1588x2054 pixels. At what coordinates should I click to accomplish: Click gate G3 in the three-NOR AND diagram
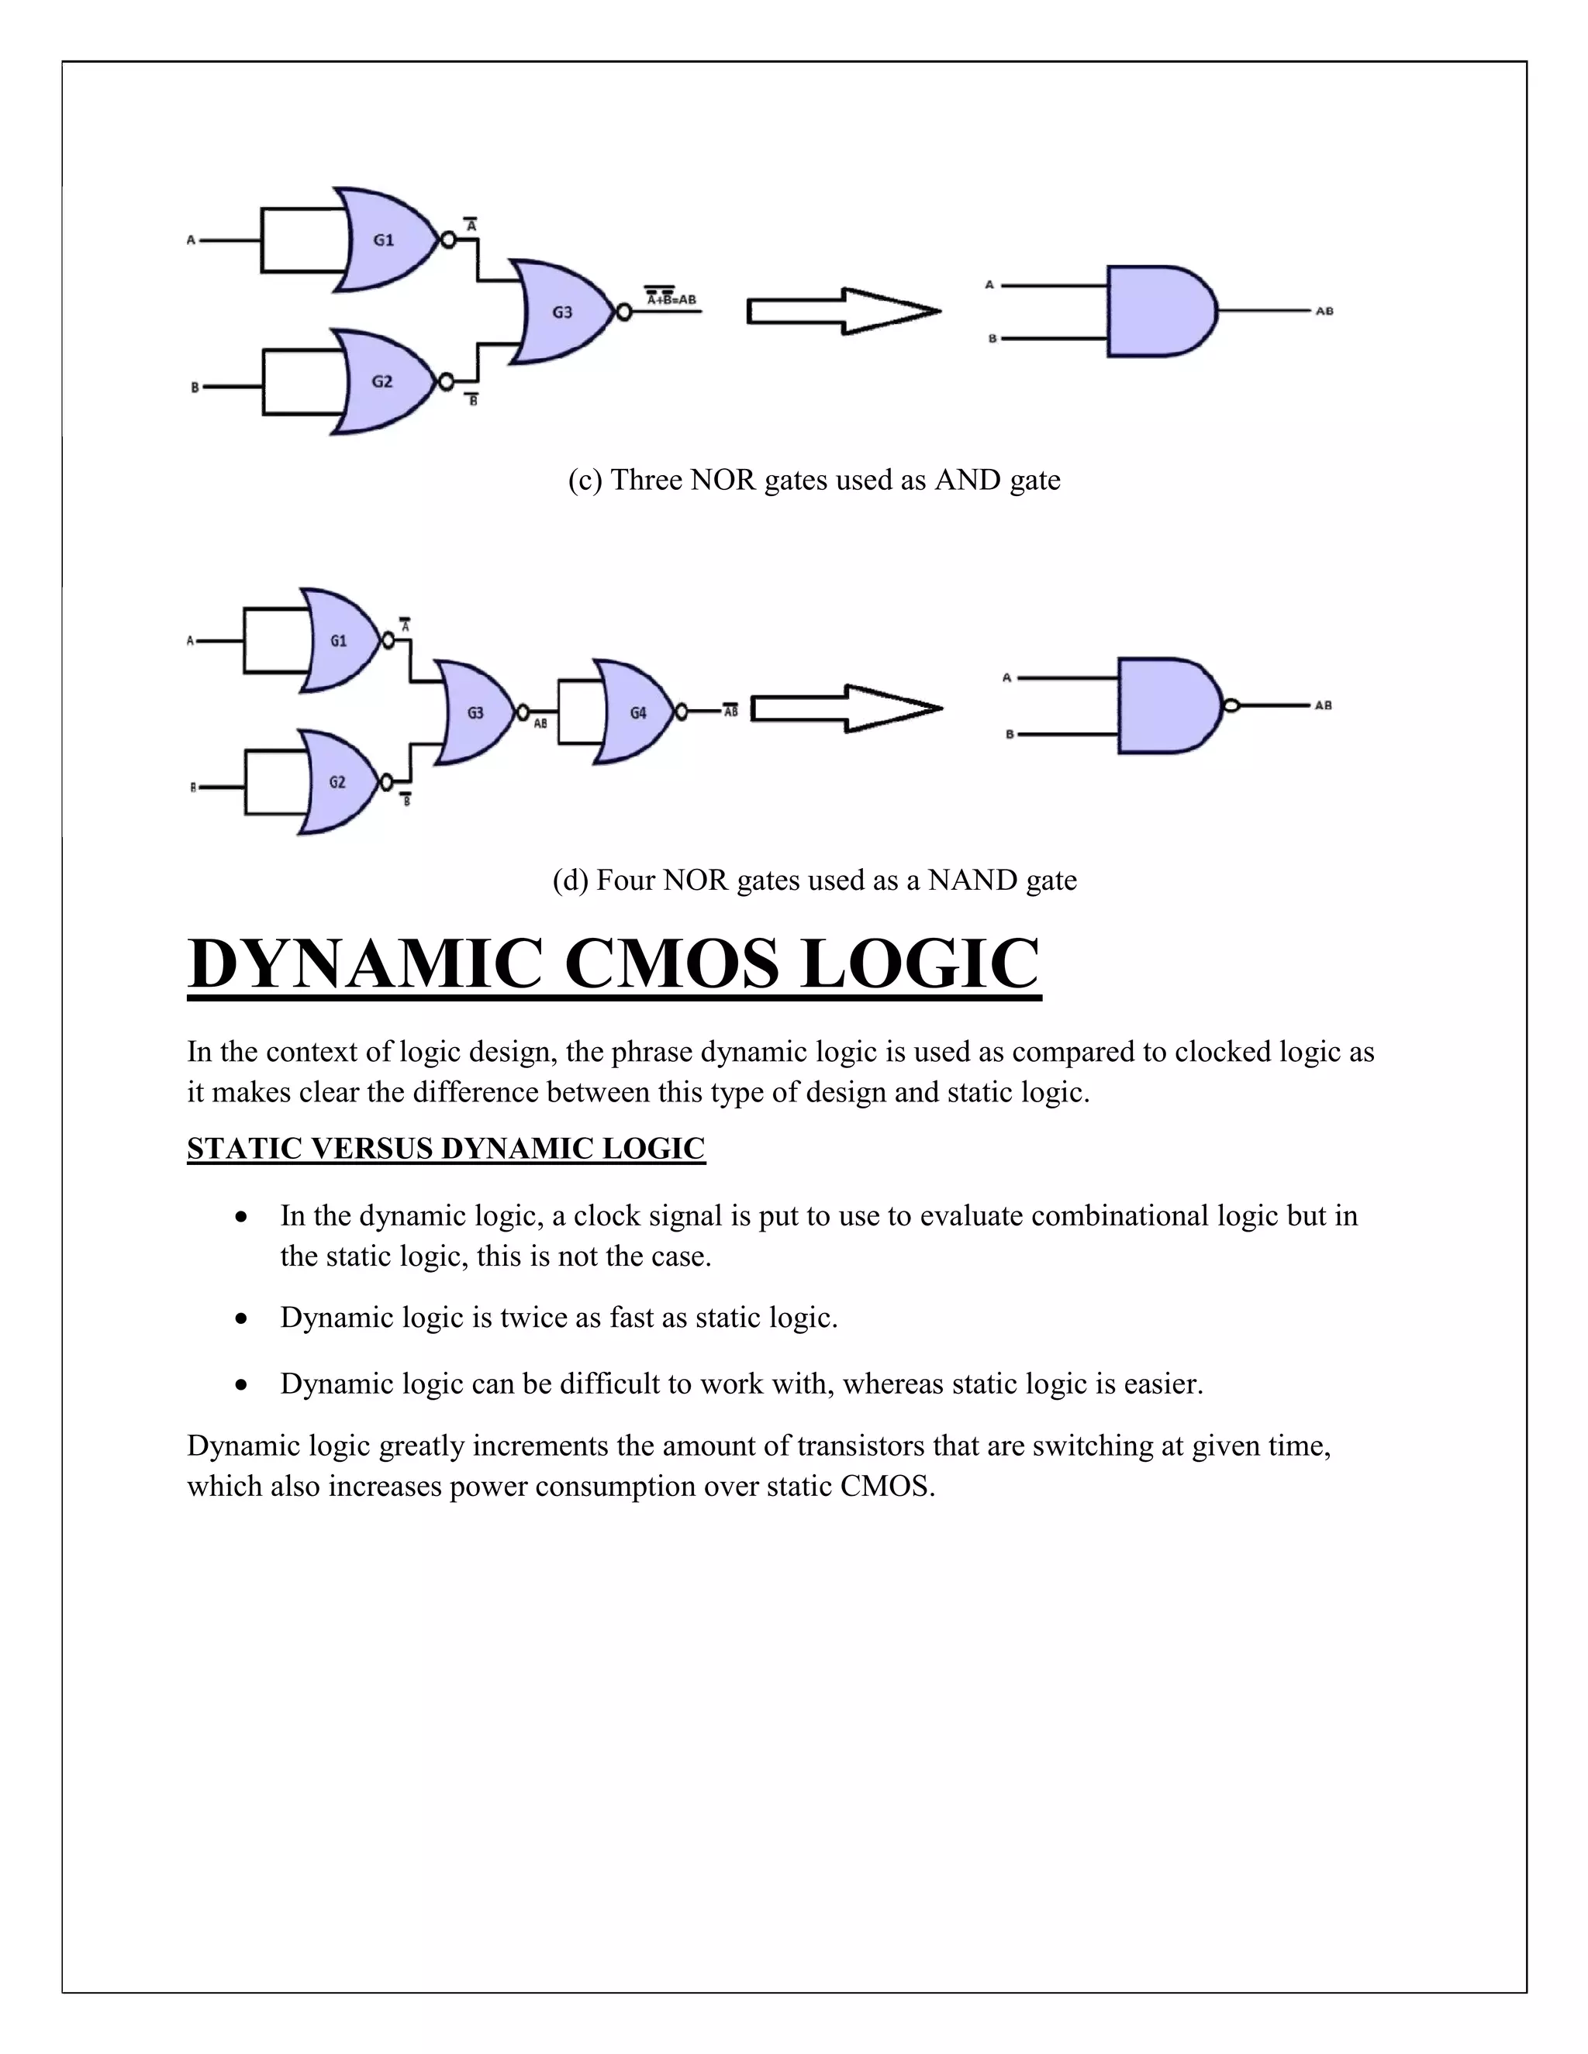coord(563,312)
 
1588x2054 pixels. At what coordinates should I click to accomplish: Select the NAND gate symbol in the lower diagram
coord(1166,705)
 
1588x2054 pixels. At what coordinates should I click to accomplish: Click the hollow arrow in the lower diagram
coord(846,708)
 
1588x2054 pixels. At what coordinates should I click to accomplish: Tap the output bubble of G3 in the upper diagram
coord(622,312)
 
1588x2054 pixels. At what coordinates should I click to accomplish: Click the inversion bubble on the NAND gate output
coord(1230,705)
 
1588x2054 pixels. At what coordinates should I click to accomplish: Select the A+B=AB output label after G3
coord(671,299)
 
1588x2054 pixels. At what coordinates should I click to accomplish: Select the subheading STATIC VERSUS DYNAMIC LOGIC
coord(446,1149)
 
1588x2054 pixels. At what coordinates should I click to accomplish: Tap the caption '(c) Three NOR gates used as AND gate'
coord(813,480)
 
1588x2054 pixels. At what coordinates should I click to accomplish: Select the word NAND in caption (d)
coord(972,880)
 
